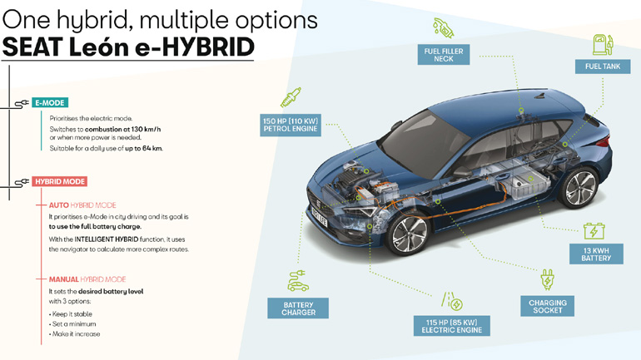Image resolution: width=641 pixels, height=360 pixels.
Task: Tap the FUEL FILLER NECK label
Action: [x=444, y=55]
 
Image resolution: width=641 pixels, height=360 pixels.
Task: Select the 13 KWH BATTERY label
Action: [x=596, y=254]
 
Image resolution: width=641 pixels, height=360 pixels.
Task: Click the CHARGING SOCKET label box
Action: [x=547, y=307]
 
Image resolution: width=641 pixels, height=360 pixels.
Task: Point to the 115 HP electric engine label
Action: [x=451, y=326]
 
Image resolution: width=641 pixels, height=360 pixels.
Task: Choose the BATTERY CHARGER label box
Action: [x=299, y=309]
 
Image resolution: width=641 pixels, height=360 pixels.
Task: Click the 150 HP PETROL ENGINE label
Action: [x=291, y=125]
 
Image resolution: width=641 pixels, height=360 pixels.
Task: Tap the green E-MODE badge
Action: [x=49, y=103]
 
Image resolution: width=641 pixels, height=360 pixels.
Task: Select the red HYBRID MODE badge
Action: [x=60, y=181]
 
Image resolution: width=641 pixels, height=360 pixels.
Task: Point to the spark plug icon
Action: [x=291, y=99]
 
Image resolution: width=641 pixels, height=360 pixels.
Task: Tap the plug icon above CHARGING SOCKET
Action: [x=547, y=279]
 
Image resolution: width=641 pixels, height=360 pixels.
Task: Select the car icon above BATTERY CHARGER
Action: [x=298, y=281]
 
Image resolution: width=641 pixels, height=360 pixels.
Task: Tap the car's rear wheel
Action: [x=580, y=188]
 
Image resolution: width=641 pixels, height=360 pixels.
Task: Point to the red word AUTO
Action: [x=58, y=205]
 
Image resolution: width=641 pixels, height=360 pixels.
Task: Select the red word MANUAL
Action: [x=64, y=279]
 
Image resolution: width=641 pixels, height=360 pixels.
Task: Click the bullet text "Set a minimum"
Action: [x=76, y=323]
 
